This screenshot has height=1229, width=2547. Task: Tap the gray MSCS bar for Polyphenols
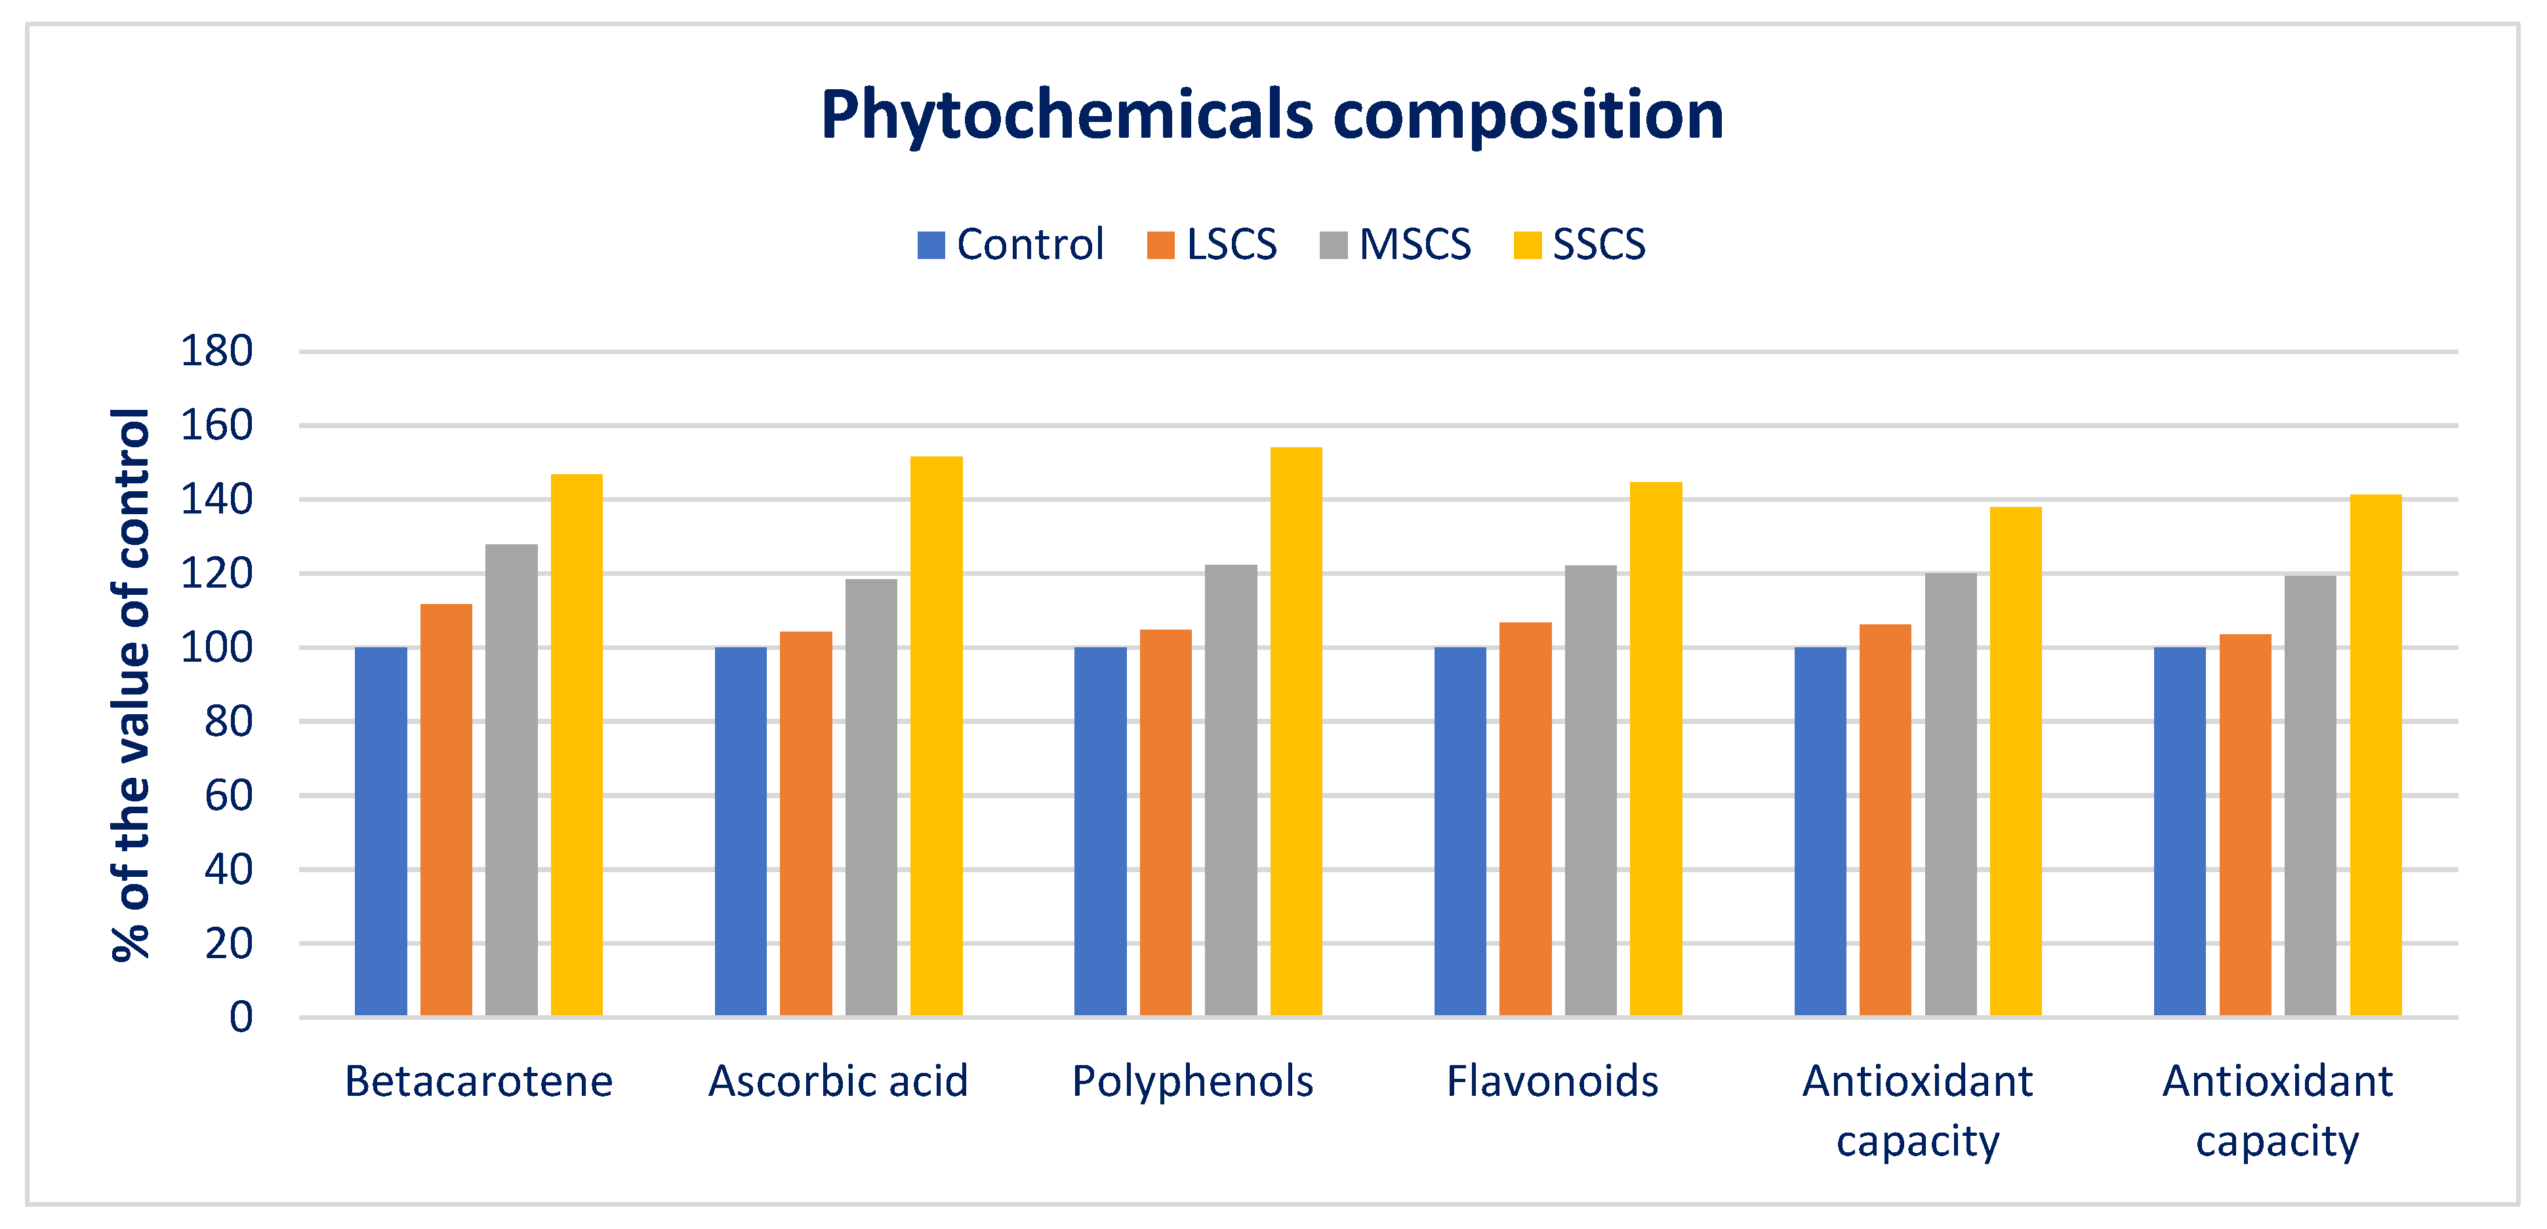[x=1231, y=790]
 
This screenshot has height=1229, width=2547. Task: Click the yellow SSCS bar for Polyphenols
[x=1296, y=732]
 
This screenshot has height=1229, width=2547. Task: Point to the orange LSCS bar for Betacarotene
[x=446, y=810]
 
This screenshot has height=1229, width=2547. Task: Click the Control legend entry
[x=1011, y=244]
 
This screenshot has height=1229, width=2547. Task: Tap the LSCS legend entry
[x=1212, y=244]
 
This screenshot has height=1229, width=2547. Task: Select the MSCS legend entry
[x=1395, y=244]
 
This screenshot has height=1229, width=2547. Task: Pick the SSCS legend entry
[x=1580, y=244]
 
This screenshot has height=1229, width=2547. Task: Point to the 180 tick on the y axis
[x=216, y=351]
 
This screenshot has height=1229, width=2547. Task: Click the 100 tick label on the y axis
[x=216, y=648]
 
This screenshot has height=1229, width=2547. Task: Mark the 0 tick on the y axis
[x=240, y=1017]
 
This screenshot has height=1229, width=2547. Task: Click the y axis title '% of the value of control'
[x=131, y=684]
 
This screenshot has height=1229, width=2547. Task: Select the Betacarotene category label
[x=479, y=1081]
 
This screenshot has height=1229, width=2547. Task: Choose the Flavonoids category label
[x=1553, y=1081]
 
